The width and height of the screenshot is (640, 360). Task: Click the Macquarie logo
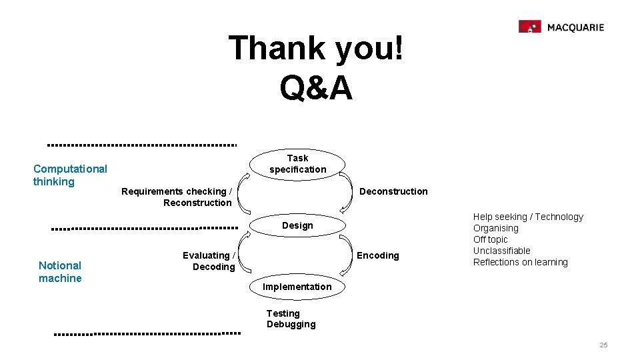click(561, 27)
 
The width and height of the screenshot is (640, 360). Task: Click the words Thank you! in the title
click(316, 48)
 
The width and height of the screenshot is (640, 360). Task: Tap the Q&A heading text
click(316, 88)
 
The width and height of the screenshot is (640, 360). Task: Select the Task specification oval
click(298, 164)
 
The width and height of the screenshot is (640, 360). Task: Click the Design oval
click(297, 225)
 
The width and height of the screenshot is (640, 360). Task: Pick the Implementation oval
click(297, 287)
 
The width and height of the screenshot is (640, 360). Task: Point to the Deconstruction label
click(393, 191)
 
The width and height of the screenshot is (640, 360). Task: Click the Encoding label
click(378, 255)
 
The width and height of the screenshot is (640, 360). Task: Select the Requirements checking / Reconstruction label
click(177, 197)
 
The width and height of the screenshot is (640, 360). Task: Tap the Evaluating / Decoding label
click(209, 261)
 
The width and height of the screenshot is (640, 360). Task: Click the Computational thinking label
click(70, 175)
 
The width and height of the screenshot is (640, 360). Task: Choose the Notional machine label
click(60, 271)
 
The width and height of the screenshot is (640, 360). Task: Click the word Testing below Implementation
click(283, 313)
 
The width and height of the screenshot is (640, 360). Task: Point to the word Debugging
click(291, 325)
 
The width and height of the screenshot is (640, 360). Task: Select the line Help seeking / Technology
click(528, 217)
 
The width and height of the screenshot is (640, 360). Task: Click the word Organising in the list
click(496, 228)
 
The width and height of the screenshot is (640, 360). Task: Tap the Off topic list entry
click(491, 239)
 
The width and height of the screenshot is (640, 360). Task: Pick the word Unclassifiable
click(502, 251)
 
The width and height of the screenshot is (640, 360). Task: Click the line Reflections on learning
click(521, 262)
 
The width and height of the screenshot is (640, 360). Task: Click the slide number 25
click(603, 345)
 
